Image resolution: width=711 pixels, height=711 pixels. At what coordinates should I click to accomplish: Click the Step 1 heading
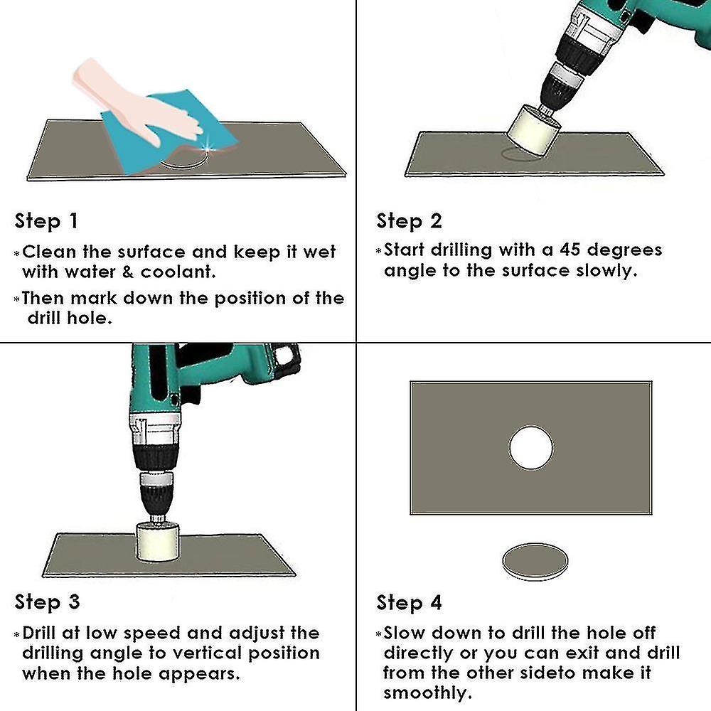[x=46, y=221]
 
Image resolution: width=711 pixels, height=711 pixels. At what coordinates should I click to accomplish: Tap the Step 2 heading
[x=409, y=221]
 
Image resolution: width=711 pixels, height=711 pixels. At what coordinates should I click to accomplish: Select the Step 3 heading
[x=47, y=602]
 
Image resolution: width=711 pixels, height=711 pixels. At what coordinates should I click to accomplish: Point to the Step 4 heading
[x=409, y=603]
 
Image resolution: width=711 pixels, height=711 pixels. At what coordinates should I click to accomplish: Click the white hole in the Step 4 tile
[x=531, y=448]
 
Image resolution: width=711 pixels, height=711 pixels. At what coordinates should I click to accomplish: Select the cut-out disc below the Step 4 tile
[x=535, y=561]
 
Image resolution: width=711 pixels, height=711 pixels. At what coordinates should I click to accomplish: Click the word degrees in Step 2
[x=626, y=250]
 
